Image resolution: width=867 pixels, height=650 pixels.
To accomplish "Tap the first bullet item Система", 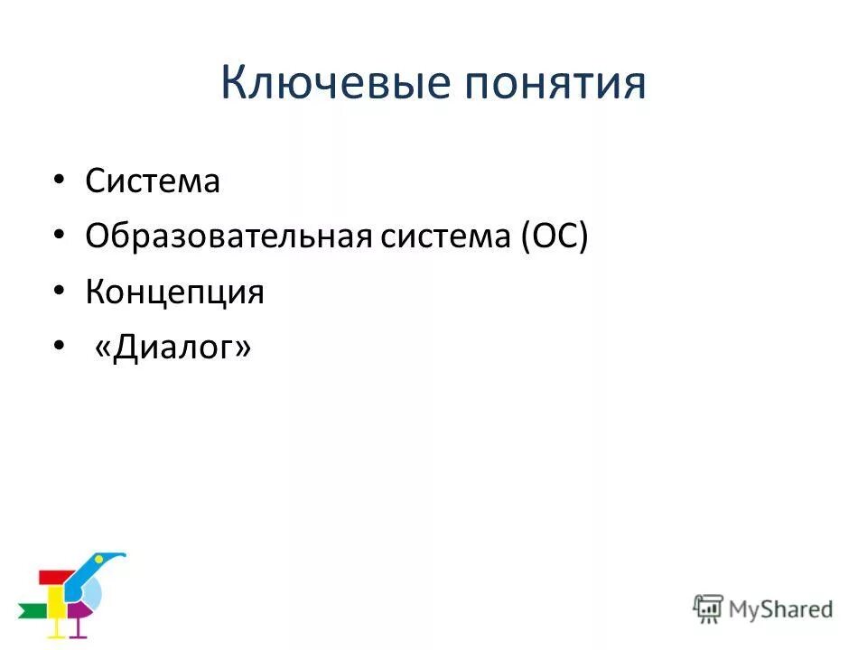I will coord(153,181).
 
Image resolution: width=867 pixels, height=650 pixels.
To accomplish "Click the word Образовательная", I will coord(228,237).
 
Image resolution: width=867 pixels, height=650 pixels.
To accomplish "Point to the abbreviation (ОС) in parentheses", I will coord(553,237).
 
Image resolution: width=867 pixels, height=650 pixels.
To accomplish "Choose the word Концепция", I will coord(174,292).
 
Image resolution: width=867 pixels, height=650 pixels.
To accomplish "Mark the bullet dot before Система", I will coord(59,181).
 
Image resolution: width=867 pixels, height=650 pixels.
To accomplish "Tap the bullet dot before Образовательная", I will coord(59,237).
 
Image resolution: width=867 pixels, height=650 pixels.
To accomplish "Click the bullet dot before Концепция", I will coord(59,292).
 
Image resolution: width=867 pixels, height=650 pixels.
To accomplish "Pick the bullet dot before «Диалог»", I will coord(59,348).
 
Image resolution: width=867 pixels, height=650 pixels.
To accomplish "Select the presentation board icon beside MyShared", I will coord(707,608).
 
